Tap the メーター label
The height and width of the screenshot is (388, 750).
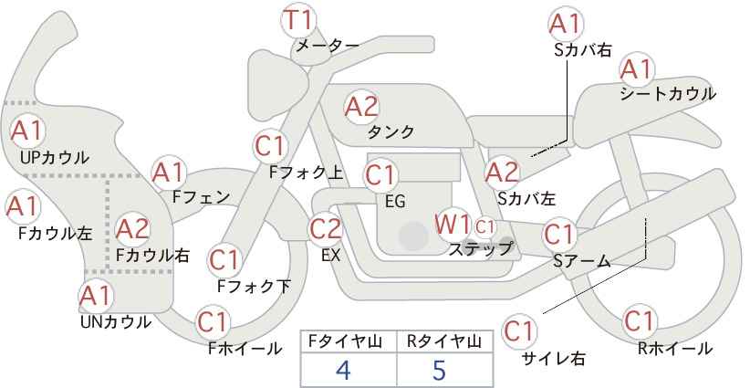pos(326,45)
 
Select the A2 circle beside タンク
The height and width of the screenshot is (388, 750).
pos(361,107)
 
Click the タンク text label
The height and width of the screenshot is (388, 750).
pos(391,132)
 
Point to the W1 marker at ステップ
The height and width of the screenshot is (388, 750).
pos(453,224)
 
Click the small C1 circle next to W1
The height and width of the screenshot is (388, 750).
pos(484,225)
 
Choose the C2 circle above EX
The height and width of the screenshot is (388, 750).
pos(326,228)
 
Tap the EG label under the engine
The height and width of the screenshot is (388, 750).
pos(395,200)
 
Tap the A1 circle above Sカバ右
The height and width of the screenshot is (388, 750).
pos(566,24)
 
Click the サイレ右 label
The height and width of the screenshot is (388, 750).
pos(553,358)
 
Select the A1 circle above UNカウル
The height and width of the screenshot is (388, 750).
pos(95,297)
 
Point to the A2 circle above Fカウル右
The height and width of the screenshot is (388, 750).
pos(132,227)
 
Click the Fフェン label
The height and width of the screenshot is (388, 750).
pos(201,196)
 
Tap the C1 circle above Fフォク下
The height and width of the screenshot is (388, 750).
pos(224,260)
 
